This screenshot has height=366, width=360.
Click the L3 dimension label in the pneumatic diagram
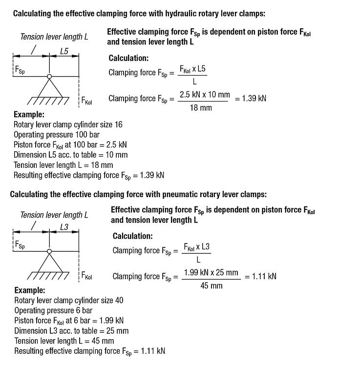[64, 227]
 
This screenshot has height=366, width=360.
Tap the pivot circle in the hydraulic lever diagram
[49, 76]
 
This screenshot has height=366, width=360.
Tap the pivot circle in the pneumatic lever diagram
[49, 251]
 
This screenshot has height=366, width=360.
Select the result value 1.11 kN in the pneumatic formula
[264, 276]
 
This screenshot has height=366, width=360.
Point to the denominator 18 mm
[201, 107]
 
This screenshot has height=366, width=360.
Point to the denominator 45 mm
[212, 285]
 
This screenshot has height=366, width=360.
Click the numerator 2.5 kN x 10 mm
[204, 94]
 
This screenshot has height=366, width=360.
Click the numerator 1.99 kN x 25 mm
[211, 272]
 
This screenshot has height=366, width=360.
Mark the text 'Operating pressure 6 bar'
[53, 310]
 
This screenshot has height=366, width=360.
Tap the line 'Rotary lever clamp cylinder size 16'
[68, 124]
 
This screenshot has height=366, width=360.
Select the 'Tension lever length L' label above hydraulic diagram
[54, 37]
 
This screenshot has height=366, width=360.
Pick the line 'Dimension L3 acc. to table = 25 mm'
[71, 331]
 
